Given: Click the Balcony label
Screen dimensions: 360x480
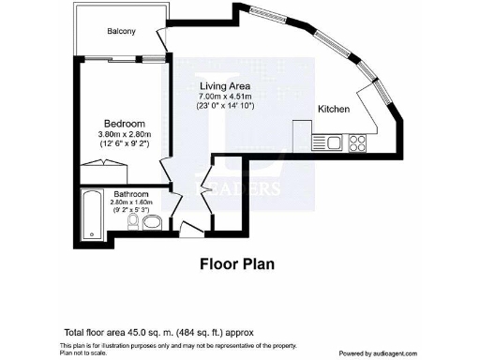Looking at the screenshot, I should [x=121, y=31].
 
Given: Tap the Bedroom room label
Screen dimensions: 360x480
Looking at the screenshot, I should [x=123, y=123].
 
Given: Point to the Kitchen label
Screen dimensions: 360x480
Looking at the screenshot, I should [x=334, y=110].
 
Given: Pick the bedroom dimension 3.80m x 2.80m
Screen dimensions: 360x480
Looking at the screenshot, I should [x=124, y=134].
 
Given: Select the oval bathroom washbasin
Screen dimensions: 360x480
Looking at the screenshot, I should [x=153, y=221].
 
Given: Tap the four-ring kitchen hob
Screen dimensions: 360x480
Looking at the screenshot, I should [x=357, y=142].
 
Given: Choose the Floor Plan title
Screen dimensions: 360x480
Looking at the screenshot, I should [x=237, y=263].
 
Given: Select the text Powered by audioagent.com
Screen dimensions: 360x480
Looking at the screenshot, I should [x=406, y=352].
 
